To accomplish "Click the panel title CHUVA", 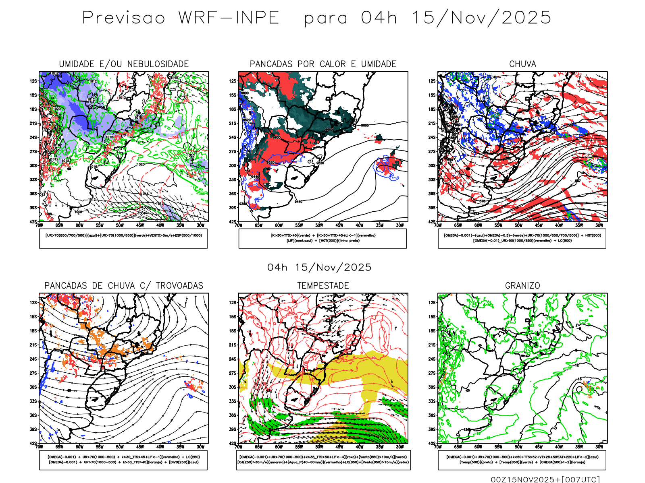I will (x=522, y=64).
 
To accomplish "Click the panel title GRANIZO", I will (x=522, y=286).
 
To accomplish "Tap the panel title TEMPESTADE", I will (x=323, y=286).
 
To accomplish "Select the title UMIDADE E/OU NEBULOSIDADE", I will (x=124, y=64).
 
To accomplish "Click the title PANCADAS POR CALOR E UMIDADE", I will (x=323, y=64).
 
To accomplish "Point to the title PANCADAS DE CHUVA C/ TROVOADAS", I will (x=124, y=286).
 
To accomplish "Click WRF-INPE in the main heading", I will (x=229, y=18).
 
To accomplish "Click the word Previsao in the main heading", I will (x=124, y=18).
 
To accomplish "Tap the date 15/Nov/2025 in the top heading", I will (x=481, y=18).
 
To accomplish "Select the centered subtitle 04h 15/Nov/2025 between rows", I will (x=319, y=267).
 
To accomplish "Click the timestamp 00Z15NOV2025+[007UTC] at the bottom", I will (x=545, y=479).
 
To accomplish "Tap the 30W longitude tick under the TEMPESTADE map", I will (x=399, y=447).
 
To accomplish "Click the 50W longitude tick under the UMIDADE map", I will (x=120, y=225).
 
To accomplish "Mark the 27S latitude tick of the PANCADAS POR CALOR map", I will (x=233, y=152).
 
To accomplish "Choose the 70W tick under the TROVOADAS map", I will (x=39, y=447).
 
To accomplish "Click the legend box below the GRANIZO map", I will (x=522, y=460).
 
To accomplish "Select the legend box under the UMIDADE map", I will (x=123, y=238).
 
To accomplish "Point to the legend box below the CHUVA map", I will (x=522, y=238).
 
